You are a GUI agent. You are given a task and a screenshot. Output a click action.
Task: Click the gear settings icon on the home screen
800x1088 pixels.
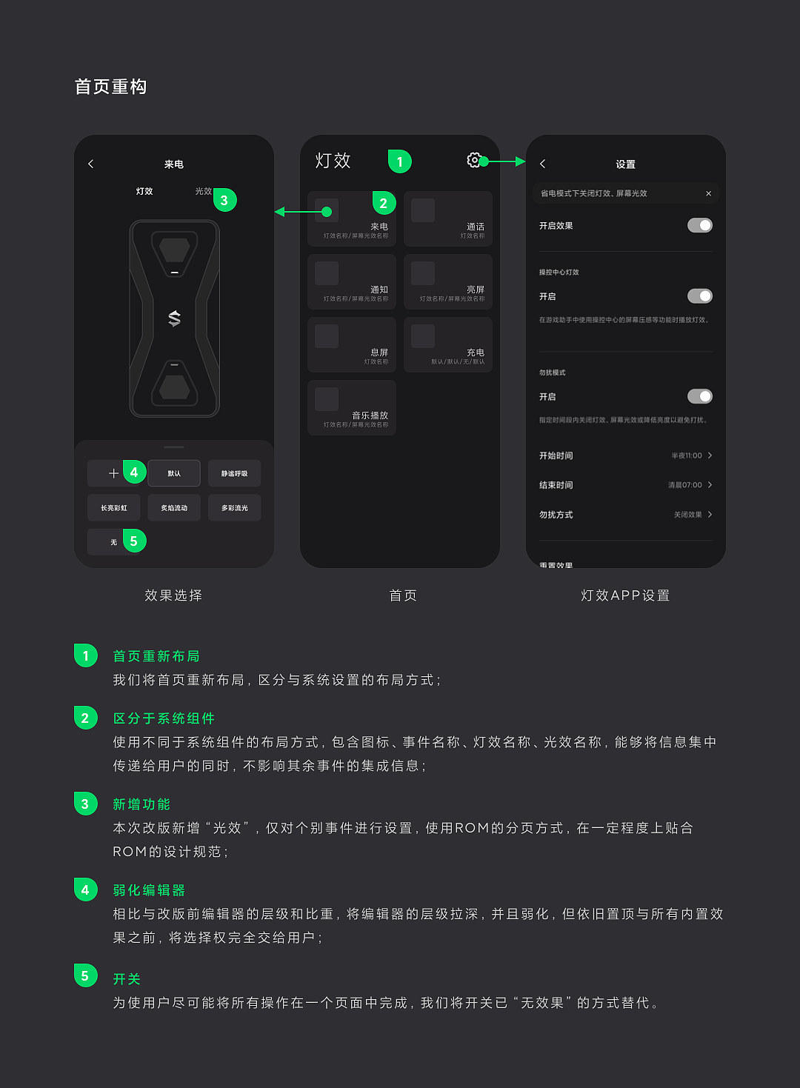coord(473,160)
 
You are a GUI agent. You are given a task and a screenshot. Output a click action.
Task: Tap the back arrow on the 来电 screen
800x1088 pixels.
coord(91,164)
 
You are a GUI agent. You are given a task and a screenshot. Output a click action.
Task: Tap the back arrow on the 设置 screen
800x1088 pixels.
coord(542,164)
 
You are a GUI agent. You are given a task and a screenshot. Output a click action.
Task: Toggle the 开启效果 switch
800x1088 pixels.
coord(699,225)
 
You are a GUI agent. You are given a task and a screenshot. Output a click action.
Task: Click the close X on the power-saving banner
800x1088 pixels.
coord(708,193)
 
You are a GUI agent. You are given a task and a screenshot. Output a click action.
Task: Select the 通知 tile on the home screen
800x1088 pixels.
coord(352,281)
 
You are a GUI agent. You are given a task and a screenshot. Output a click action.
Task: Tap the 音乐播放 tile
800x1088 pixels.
coord(352,407)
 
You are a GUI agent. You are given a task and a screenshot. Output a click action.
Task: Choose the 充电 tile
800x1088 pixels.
coord(448,344)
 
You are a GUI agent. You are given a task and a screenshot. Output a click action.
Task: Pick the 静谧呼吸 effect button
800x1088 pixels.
coord(234,473)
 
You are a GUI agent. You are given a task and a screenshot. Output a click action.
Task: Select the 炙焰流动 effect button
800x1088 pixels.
coord(174,508)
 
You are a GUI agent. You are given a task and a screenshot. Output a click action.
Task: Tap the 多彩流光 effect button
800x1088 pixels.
coord(234,508)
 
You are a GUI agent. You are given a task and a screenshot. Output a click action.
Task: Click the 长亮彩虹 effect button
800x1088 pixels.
coord(114,508)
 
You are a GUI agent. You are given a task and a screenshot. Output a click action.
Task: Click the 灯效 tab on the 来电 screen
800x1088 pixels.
coord(144,191)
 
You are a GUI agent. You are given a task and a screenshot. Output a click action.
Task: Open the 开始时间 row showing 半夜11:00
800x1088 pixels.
coord(625,455)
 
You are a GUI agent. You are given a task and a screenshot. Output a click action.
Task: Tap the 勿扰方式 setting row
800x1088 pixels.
coord(625,515)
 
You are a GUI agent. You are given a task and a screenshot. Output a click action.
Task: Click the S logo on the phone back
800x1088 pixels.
coord(175,318)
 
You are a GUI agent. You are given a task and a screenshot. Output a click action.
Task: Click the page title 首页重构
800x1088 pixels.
coord(111,87)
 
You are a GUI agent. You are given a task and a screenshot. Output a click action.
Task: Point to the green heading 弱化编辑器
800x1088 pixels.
coord(149,890)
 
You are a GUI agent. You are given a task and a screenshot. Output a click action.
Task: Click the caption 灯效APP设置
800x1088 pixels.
coord(625,595)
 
